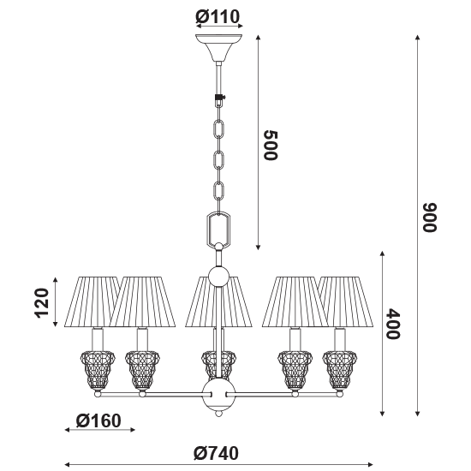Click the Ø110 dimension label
click(x=218, y=17)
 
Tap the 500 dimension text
click(x=271, y=146)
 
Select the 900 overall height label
click(x=430, y=218)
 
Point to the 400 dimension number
click(x=393, y=324)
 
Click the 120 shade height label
click(x=42, y=303)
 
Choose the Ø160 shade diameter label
click(x=98, y=420)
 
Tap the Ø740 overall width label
click(x=217, y=453)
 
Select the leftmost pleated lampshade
click(x=92, y=301)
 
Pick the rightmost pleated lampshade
click(x=346, y=301)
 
